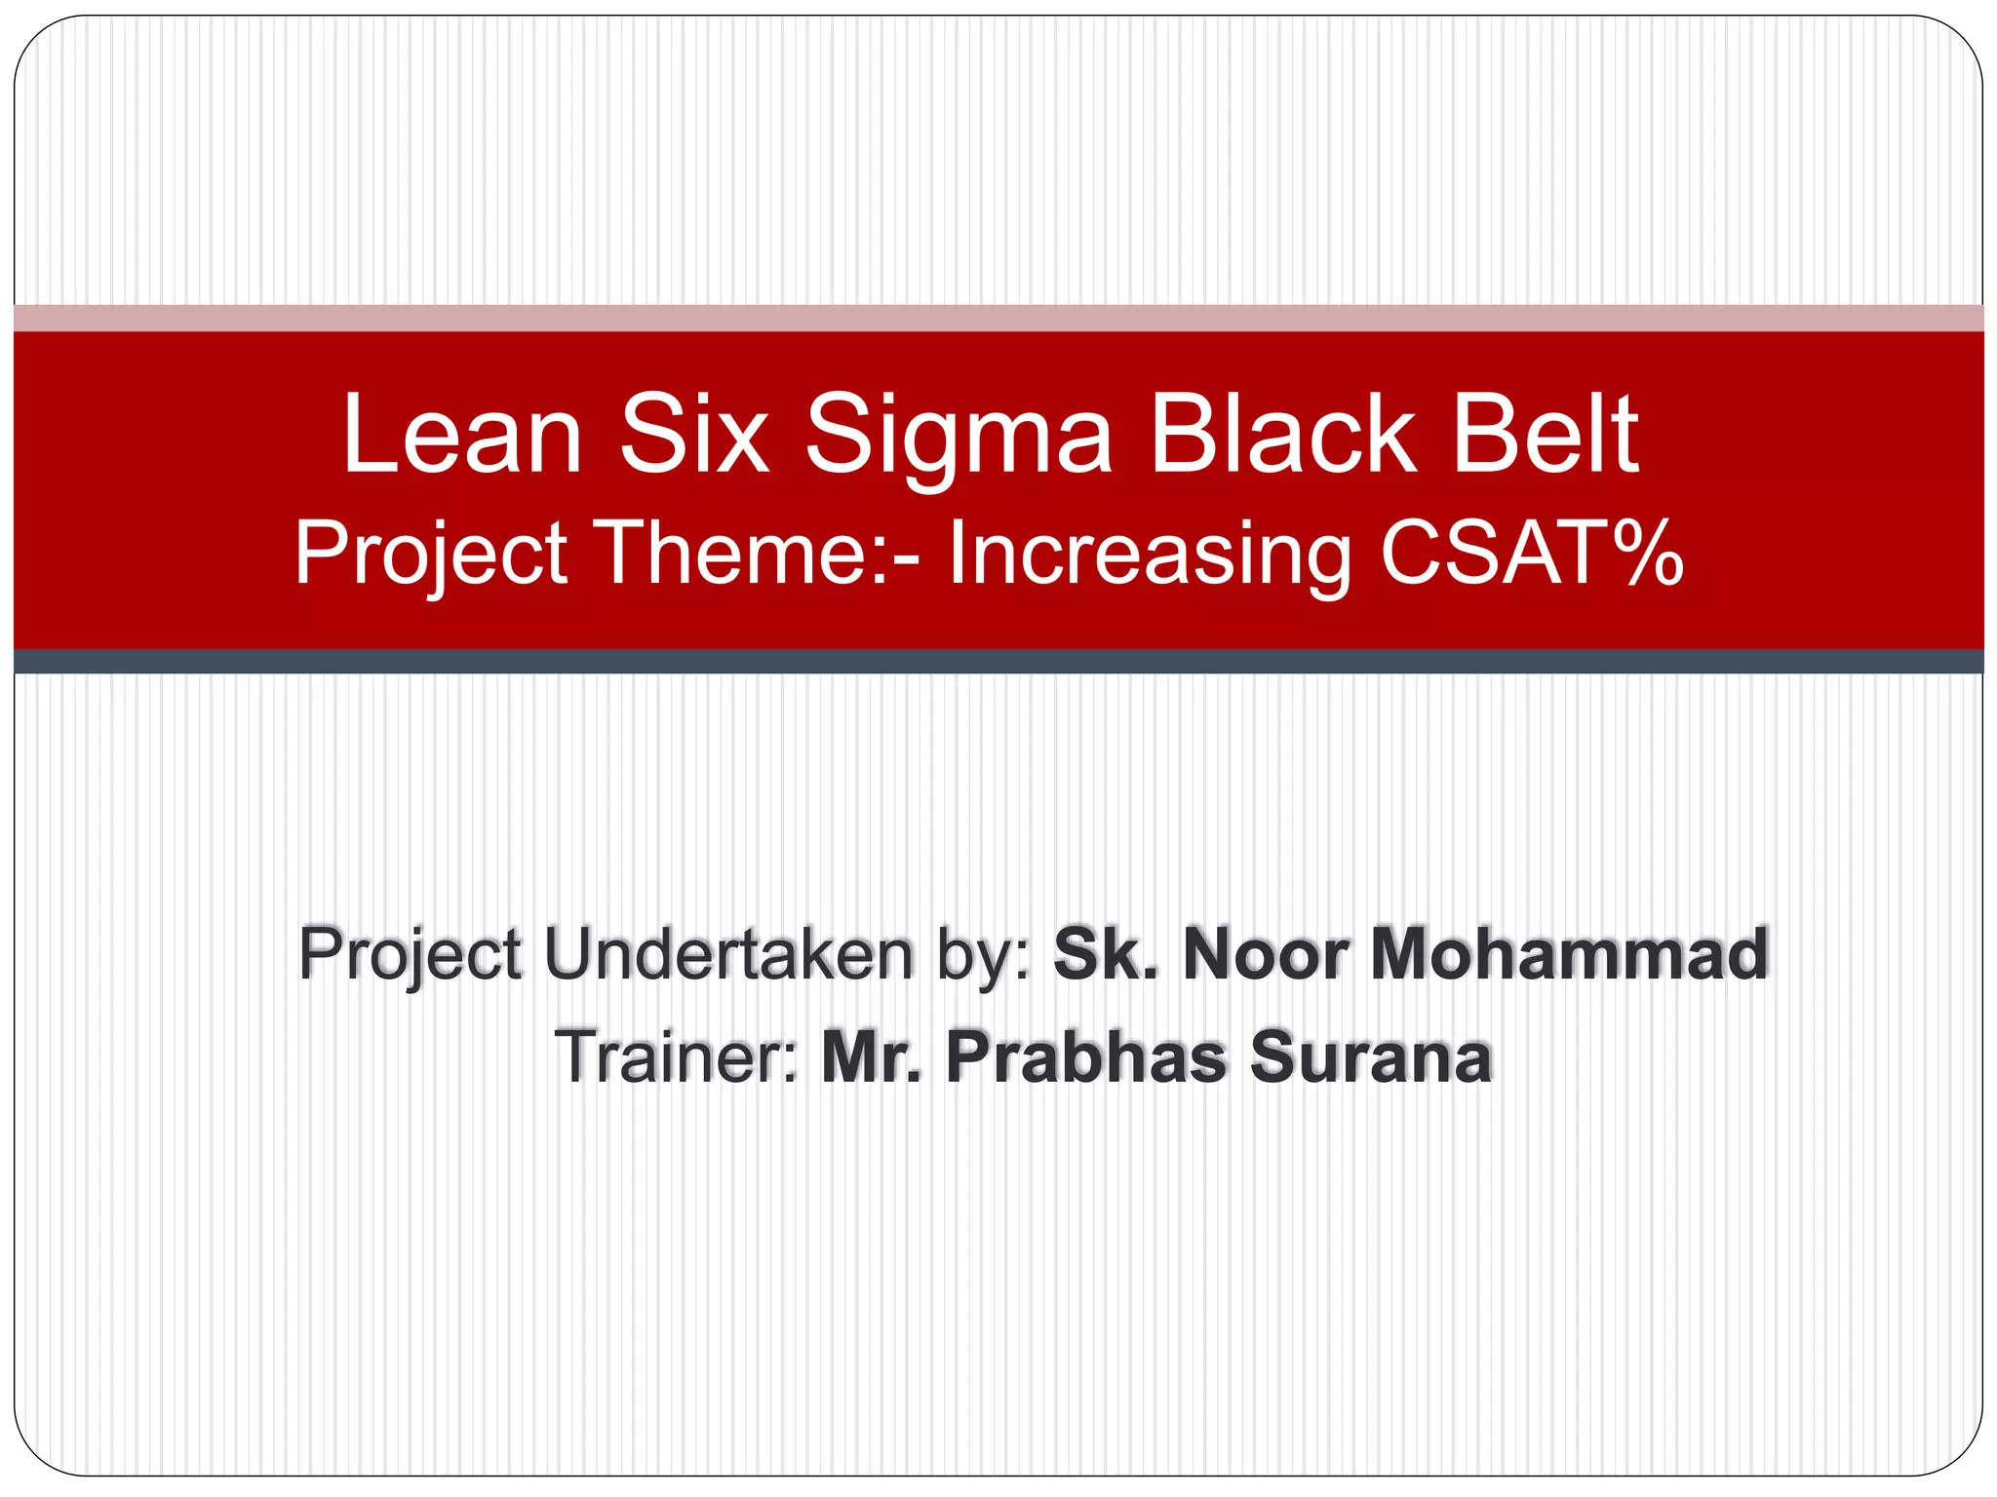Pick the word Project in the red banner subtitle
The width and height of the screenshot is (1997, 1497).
(431, 554)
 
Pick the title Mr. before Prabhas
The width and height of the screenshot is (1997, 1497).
(871, 1056)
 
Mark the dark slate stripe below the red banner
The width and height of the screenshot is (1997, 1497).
(998, 662)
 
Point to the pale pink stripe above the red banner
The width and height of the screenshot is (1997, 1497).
(998, 318)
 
